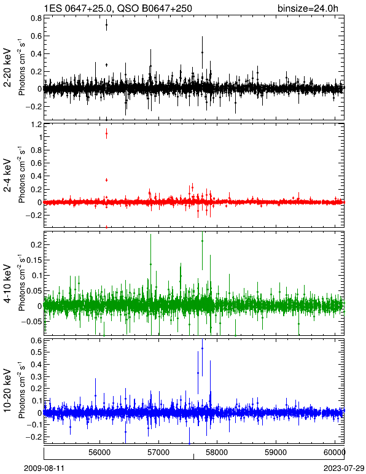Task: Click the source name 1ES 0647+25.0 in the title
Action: coord(78,8)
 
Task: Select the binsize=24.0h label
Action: coord(308,9)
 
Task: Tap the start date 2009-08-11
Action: coord(44,468)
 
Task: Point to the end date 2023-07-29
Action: coord(344,468)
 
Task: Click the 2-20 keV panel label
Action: coord(7,68)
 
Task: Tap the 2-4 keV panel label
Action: coord(7,176)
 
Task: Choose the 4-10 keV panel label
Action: coord(7,283)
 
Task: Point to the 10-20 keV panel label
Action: coord(7,390)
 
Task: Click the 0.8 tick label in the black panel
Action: coord(36,18)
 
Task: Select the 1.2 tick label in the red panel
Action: coord(36,124)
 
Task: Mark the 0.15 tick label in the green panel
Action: coord(34,260)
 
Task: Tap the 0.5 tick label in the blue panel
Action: coord(36,352)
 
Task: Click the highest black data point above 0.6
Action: coord(106,25)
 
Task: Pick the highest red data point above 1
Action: coord(106,133)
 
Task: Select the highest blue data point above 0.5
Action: coord(202,349)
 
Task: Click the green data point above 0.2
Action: coord(202,241)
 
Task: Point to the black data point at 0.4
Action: coord(202,53)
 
